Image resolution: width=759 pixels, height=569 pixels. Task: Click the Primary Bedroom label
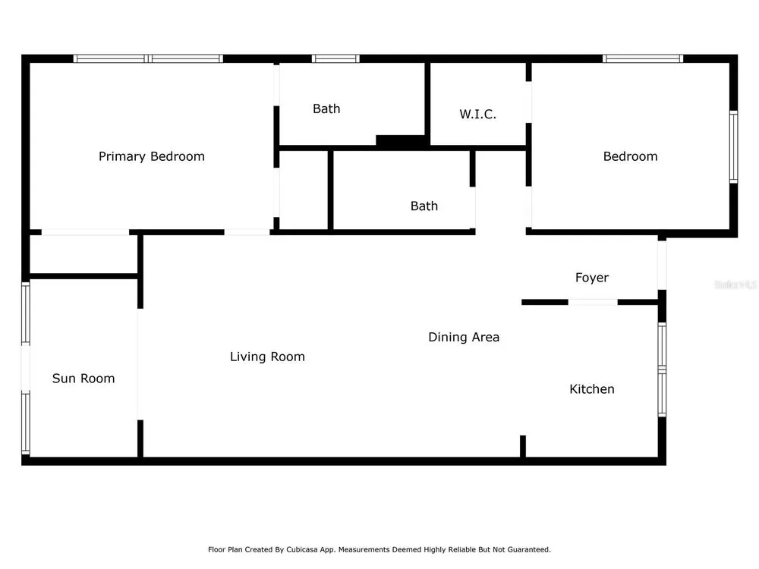click(152, 156)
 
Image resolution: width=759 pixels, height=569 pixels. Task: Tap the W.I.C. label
click(477, 115)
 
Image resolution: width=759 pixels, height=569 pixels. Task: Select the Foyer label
click(591, 278)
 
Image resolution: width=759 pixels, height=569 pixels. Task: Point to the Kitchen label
click(591, 389)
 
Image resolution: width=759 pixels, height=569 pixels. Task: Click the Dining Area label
click(464, 337)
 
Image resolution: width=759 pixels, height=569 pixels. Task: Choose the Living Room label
click(267, 357)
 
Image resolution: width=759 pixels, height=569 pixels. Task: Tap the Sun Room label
click(83, 379)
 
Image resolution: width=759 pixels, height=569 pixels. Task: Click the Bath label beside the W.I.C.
click(326, 108)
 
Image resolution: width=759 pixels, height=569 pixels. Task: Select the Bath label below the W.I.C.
click(424, 206)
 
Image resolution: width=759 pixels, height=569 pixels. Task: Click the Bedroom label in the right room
click(630, 156)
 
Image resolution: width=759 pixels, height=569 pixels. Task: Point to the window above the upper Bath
click(335, 58)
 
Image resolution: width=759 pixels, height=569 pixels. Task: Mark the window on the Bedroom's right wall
click(733, 146)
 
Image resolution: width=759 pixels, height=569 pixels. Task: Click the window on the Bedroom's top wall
click(643, 58)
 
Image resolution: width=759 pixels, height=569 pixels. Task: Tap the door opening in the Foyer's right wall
click(662, 265)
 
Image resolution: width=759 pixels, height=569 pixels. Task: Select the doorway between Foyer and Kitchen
click(593, 303)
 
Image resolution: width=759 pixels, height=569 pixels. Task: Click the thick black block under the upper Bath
click(401, 140)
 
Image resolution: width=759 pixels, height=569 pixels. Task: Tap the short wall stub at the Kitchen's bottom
click(523, 446)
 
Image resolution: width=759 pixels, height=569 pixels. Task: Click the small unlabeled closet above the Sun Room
click(84, 254)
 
